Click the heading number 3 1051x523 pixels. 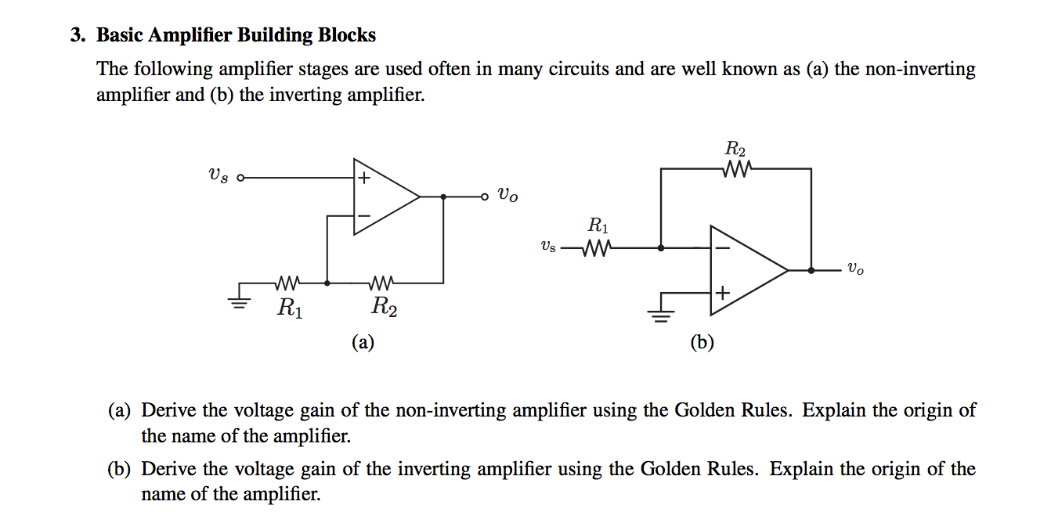point(76,35)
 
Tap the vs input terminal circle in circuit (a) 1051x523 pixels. point(240,178)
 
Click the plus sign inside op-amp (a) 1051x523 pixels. point(363,179)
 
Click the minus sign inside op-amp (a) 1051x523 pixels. point(363,215)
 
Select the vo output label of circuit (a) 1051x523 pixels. point(507,196)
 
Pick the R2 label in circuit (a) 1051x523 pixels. point(384,308)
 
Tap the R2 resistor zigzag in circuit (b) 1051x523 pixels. point(739,168)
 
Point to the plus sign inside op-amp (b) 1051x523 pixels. point(721,293)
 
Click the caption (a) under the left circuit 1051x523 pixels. point(363,342)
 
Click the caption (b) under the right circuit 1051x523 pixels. point(702,342)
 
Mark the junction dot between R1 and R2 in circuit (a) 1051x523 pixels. point(327,283)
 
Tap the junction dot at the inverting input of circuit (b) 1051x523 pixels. point(662,248)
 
